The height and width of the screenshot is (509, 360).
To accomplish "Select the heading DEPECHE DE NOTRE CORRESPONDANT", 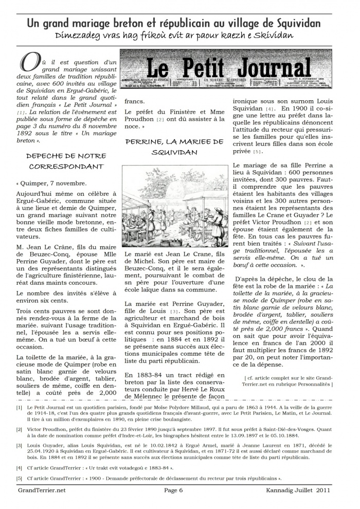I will [67, 161].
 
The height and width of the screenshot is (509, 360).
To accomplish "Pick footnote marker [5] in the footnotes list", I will [19, 478].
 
